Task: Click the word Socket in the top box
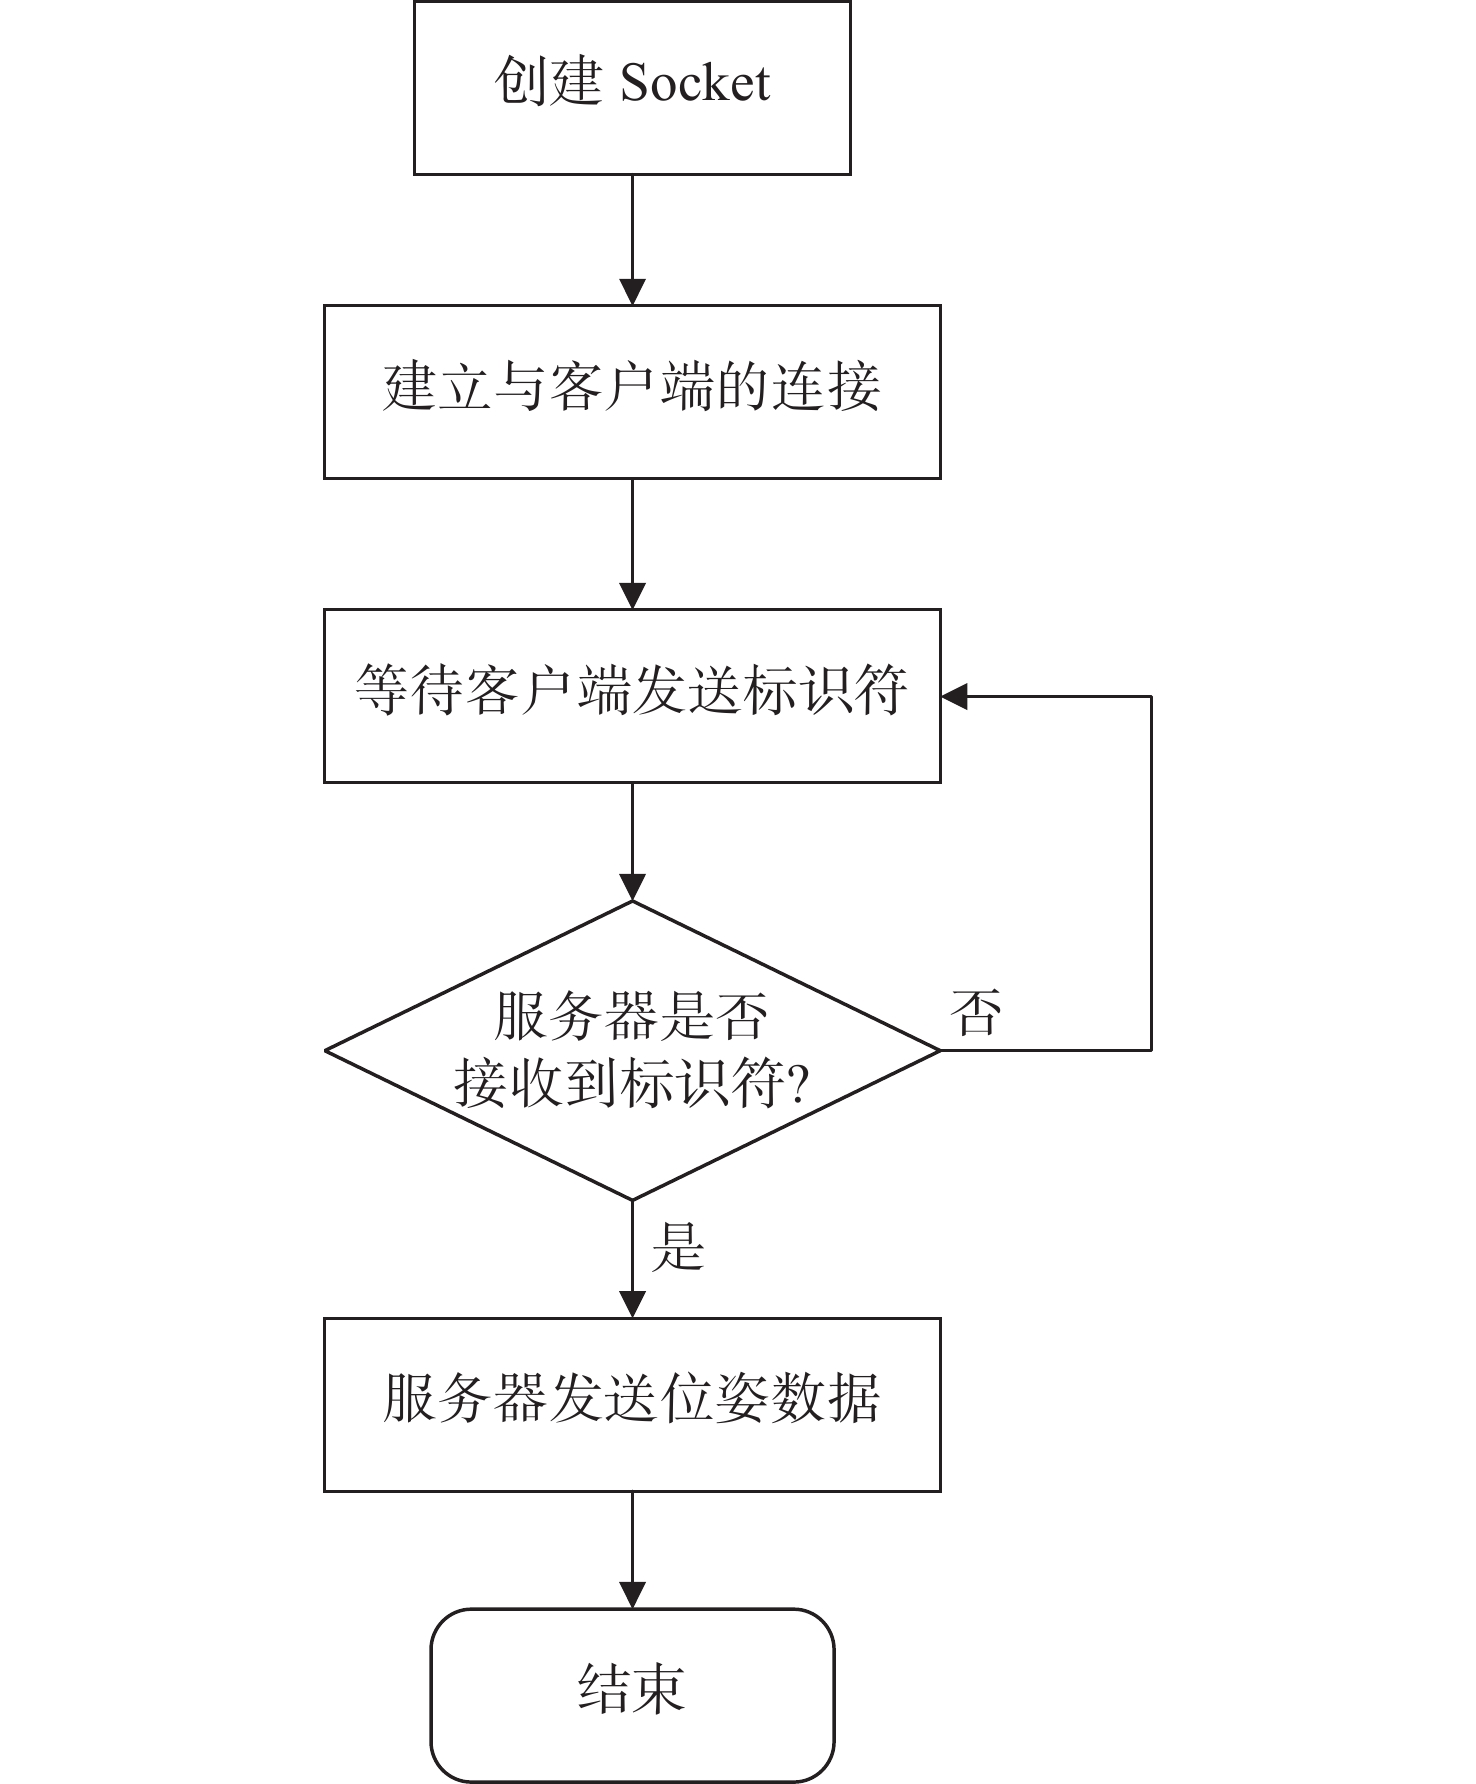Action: pos(695,83)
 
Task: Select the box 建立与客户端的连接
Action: pos(632,392)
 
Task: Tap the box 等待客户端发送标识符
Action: pos(632,696)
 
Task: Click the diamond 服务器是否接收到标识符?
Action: pos(632,1050)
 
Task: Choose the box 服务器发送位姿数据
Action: pos(632,1405)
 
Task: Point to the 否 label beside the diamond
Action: pos(976,1012)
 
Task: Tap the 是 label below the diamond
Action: pos(678,1247)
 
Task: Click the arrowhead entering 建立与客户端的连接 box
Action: pos(632,291)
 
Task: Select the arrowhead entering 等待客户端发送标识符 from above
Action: pos(632,595)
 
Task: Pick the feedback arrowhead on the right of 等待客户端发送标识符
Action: pos(955,696)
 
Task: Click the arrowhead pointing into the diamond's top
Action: pos(632,887)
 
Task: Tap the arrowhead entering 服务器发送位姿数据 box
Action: pos(632,1304)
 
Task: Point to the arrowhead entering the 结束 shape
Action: pos(632,1594)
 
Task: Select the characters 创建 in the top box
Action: pos(548,81)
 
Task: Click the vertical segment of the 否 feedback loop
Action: pos(1151,873)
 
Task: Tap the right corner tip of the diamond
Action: pos(940,1050)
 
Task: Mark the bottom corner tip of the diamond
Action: pos(632,1199)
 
